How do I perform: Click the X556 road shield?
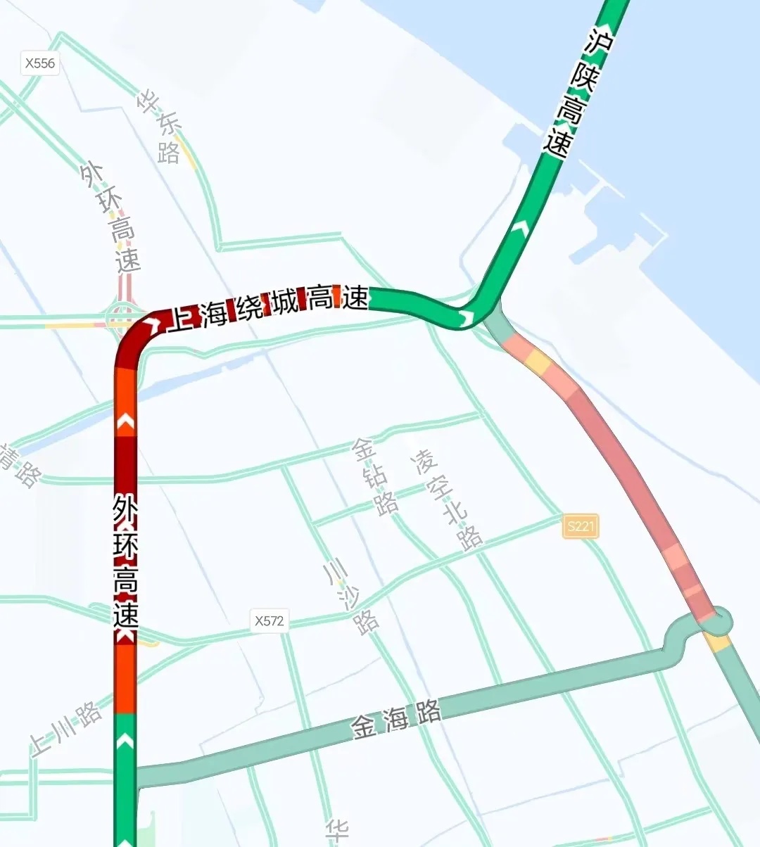[39, 63]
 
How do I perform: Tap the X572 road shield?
[270, 620]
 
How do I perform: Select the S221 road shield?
[581, 526]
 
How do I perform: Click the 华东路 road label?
[161, 127]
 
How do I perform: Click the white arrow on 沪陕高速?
[521, 227]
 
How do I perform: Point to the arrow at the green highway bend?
[465, 318]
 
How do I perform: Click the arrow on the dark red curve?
[152, 325]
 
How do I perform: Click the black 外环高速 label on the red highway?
[125, 561]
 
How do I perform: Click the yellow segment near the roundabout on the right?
[718, 642]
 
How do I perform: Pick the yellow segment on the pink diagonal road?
[538, 362]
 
